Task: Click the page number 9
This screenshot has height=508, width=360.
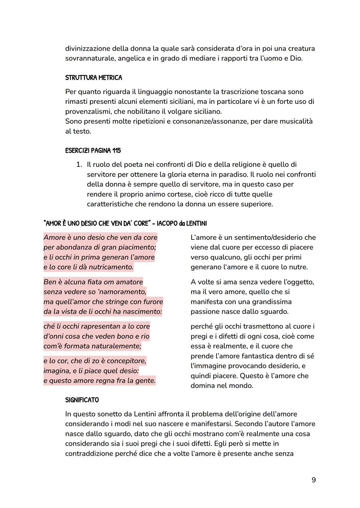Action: pyautogui.click(x=313, y=480)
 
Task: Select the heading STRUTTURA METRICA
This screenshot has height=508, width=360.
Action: pyautogui.click(x=94, y=78)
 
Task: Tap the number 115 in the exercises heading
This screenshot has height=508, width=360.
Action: pyautogui.click(x=116, y=151)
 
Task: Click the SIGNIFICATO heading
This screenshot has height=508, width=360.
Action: pyautogui.click(x=82, y=400)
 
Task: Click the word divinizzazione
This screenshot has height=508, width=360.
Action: pyautogui.click(x=87, y=49)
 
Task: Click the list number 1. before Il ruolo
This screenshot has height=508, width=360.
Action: pyautogui.click(x=79, y=165)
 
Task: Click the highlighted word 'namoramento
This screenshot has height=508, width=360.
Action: pyautogui.click(x=122, y=292)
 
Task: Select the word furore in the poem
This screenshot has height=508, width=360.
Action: pyautogui.click(x=152, y=302)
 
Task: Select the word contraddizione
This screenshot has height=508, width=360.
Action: pyautogui.click(x=89, y=454)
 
